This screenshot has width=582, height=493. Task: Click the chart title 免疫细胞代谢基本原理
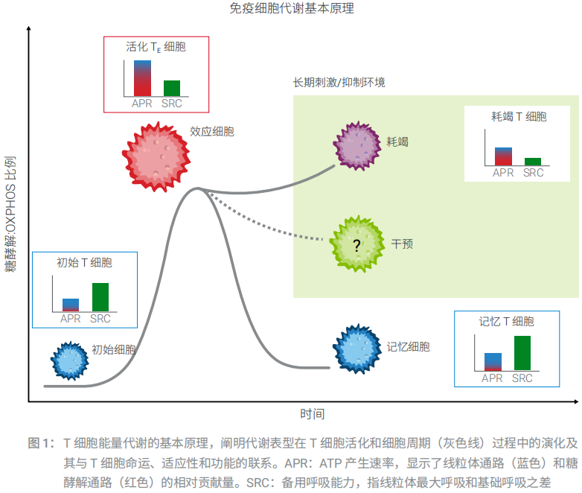(292, 9)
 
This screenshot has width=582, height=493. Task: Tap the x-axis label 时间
(313, 414)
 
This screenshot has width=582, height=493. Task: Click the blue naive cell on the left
(71, 363)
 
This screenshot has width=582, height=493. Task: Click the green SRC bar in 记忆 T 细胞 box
(522, 353)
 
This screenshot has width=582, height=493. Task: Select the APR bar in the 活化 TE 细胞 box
(142, 78)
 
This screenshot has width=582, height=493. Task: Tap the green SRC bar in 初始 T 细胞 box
(100, 297)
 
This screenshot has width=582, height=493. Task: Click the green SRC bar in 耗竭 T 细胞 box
(533, 162)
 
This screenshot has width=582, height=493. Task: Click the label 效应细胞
(212, 132)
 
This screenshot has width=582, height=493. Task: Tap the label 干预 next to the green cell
(403, 243)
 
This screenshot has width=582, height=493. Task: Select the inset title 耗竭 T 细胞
(519, 117)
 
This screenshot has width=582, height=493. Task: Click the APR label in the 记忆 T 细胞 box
(493, 378)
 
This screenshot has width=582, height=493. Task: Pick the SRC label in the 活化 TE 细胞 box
(172, 104)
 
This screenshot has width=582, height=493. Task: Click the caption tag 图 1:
(41, 443)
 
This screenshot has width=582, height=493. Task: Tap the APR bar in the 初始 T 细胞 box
(71, 305)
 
